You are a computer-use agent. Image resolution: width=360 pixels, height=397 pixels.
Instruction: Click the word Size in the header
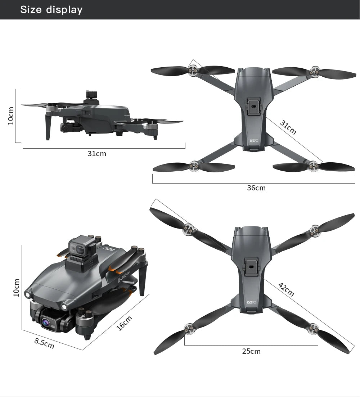click(x=31, y=10)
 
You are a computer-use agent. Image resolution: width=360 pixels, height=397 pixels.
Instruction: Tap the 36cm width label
click(x=256, y=188)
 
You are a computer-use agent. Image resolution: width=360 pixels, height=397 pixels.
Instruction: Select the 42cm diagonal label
click(x=286, y=290)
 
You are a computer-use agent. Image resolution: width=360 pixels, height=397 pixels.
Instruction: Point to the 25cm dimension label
click(x=251, y=351)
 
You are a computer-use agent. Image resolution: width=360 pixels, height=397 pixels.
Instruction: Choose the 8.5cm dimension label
click(x=44, y=343)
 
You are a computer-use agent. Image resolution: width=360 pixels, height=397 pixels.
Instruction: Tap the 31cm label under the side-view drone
click(x=97, y=154)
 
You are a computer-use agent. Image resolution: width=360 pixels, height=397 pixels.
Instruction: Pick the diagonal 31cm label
click(x=288, y=128)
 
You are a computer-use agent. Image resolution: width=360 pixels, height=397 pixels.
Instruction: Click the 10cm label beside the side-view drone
click(x=11, y=116)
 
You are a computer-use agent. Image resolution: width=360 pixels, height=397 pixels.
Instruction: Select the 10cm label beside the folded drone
click(x=16, y=288)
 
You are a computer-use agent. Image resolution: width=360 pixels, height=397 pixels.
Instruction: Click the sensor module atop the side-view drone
click(x=93, y=96)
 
